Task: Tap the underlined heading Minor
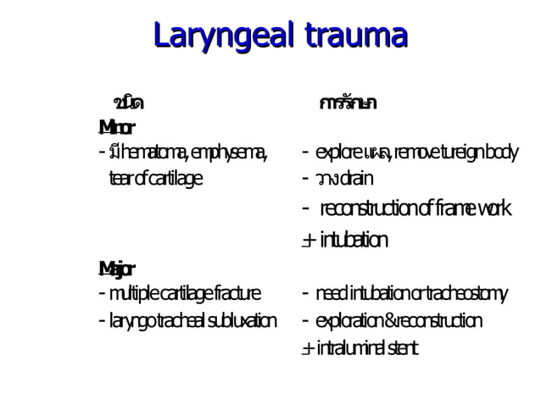(x=116, y=128)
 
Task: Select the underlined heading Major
(x=116, y=269)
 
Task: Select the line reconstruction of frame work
(x=416, y=208)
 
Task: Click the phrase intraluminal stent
(x=368, y=348)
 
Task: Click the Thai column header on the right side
(x=348, y=103)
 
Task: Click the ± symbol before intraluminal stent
(x=308, y=349)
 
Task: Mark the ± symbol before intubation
(x=309, y=241)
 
